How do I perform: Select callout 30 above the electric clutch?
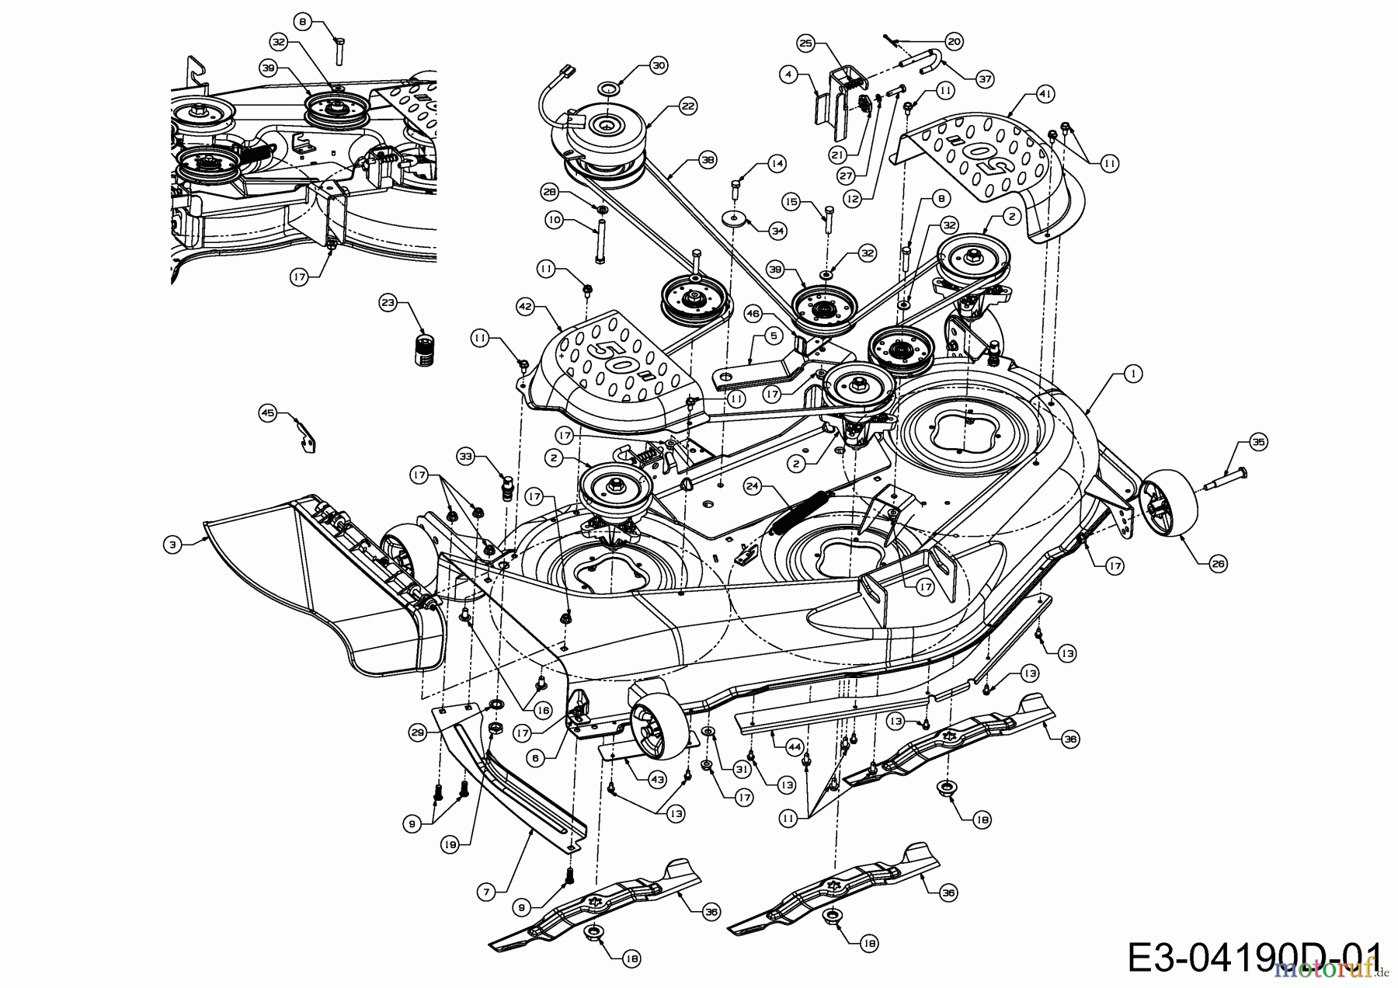[659, 66]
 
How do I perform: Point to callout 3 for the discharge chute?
[172, 545]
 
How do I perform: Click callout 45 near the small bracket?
[268, 413]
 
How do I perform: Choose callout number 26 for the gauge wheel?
[1219, 565]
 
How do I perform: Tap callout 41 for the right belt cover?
[1045, 93]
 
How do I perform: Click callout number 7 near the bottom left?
[486, 892]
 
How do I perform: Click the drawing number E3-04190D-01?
[1254, 958]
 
